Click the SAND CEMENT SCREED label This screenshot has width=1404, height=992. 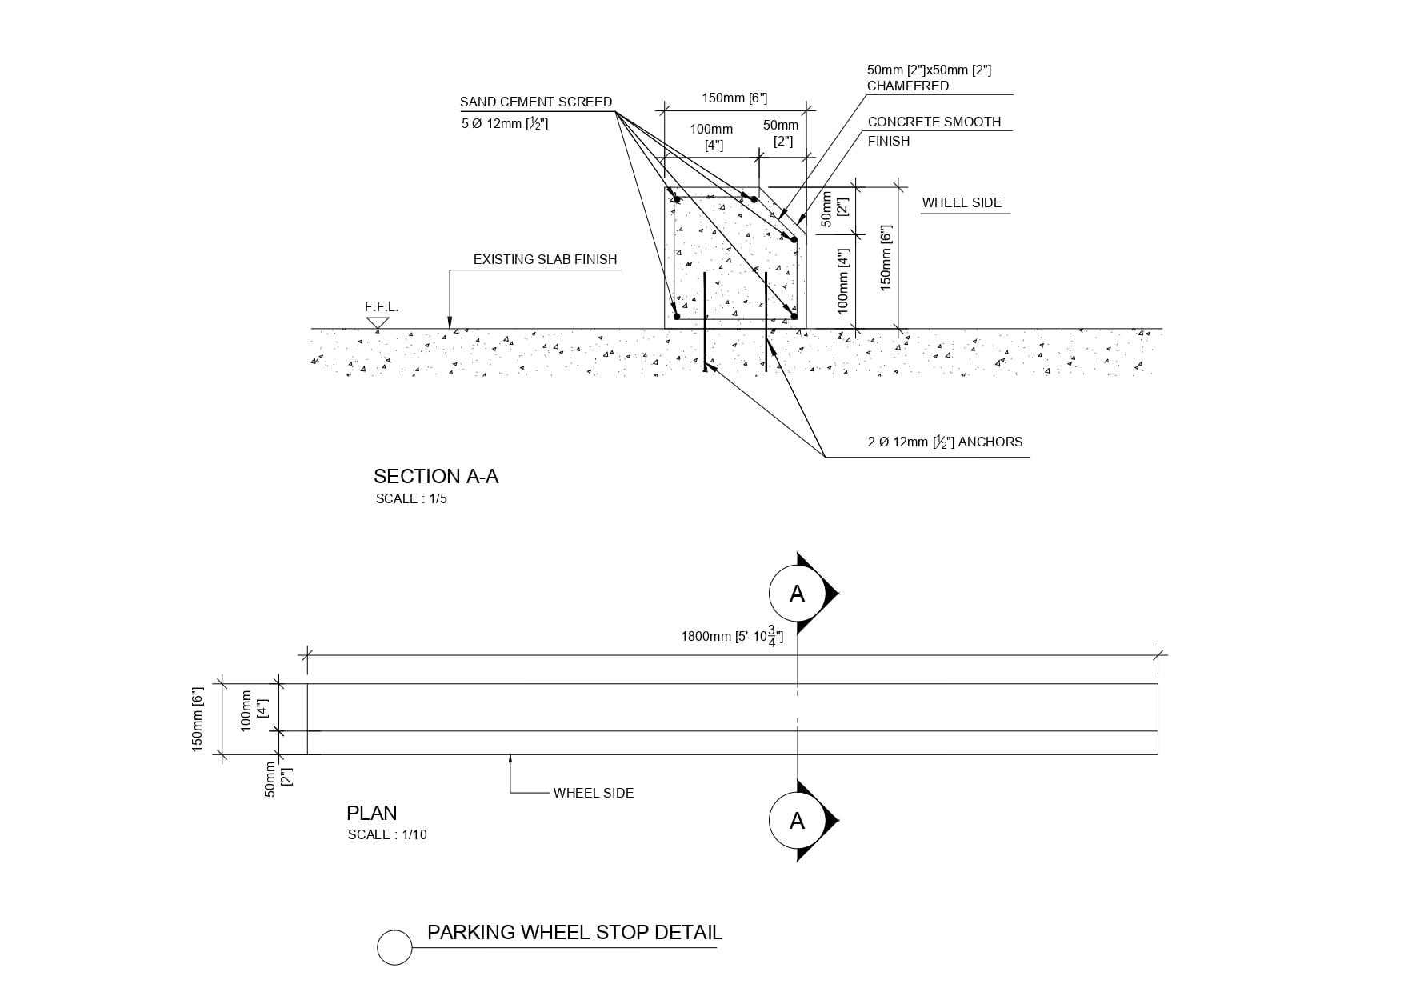coord(535,102)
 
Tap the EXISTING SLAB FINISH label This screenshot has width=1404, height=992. coord(545,260)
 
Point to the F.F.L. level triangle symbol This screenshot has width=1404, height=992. coord(378,323)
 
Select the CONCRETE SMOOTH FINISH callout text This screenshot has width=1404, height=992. coord(934,131)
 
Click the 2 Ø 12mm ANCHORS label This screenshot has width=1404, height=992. coord(945,442)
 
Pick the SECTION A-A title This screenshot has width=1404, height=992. coord(435,477)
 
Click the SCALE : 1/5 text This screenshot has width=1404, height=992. coord(411,499)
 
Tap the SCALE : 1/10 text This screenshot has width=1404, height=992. coord(387,835)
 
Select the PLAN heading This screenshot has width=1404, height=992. coord(371,814)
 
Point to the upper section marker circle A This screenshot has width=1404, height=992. coord(797,594)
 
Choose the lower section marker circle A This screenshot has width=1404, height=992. coord(797,821)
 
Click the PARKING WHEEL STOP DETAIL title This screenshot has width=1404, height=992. coord(574,933)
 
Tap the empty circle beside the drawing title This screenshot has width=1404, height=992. coord(394,948)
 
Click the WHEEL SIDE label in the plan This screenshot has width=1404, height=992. coord(593,794)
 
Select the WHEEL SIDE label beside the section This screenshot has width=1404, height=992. coord(962,203)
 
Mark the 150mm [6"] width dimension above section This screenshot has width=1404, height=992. coord(734,98)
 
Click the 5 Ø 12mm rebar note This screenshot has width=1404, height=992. coord(505,124)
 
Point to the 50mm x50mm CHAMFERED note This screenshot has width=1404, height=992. coord(928,78)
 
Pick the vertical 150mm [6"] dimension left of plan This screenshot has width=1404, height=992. coord(198,719)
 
